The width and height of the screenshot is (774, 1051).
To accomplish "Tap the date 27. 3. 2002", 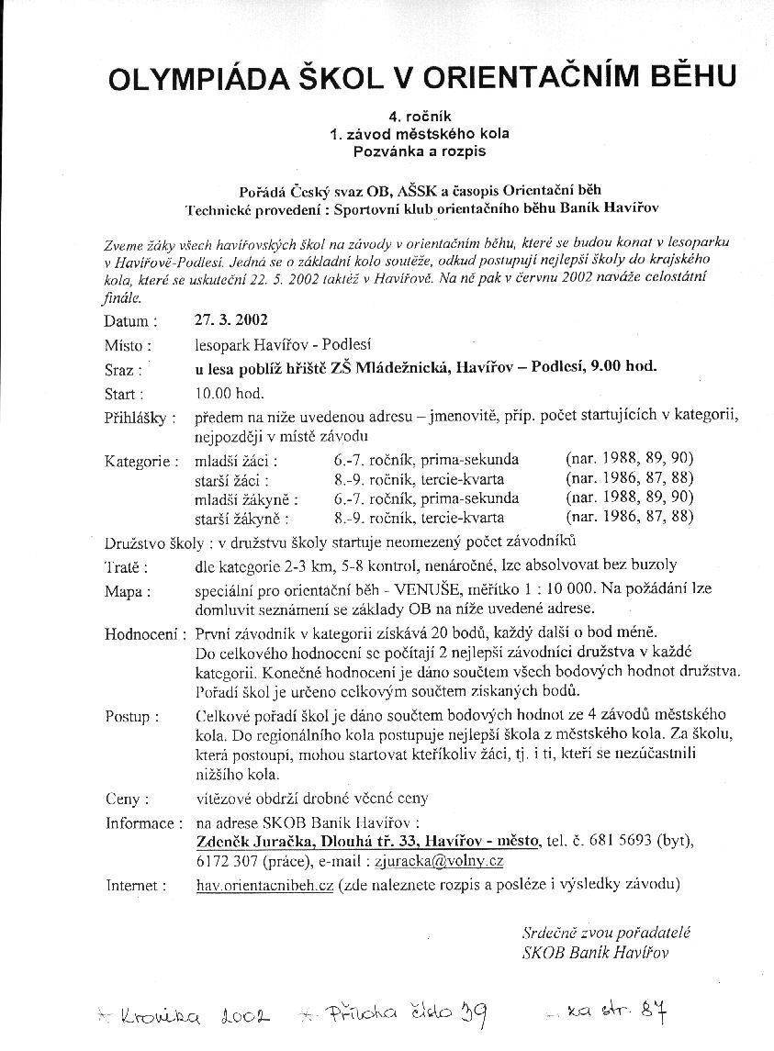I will pos(231,320).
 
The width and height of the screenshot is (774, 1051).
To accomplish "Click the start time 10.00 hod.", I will pos(230,394).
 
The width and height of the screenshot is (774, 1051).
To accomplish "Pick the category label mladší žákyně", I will pos(241,498).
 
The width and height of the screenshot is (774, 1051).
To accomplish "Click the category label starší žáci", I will pos(231,479).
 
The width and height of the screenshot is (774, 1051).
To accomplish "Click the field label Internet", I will pos(136,887).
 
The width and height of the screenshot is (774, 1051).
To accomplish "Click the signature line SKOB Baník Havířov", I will pos(595,952).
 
